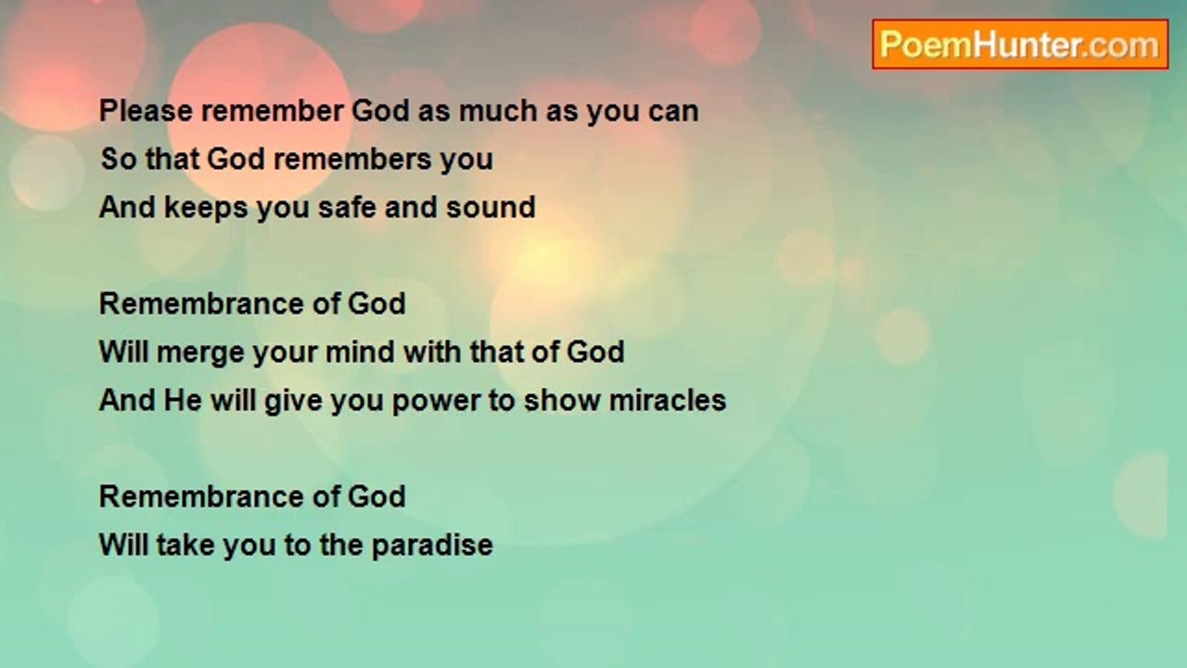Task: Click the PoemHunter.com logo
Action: coord(1019,45)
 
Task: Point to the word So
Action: coord(117,160)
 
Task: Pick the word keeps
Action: coord(207,208)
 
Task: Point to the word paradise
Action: coord(432,546)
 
